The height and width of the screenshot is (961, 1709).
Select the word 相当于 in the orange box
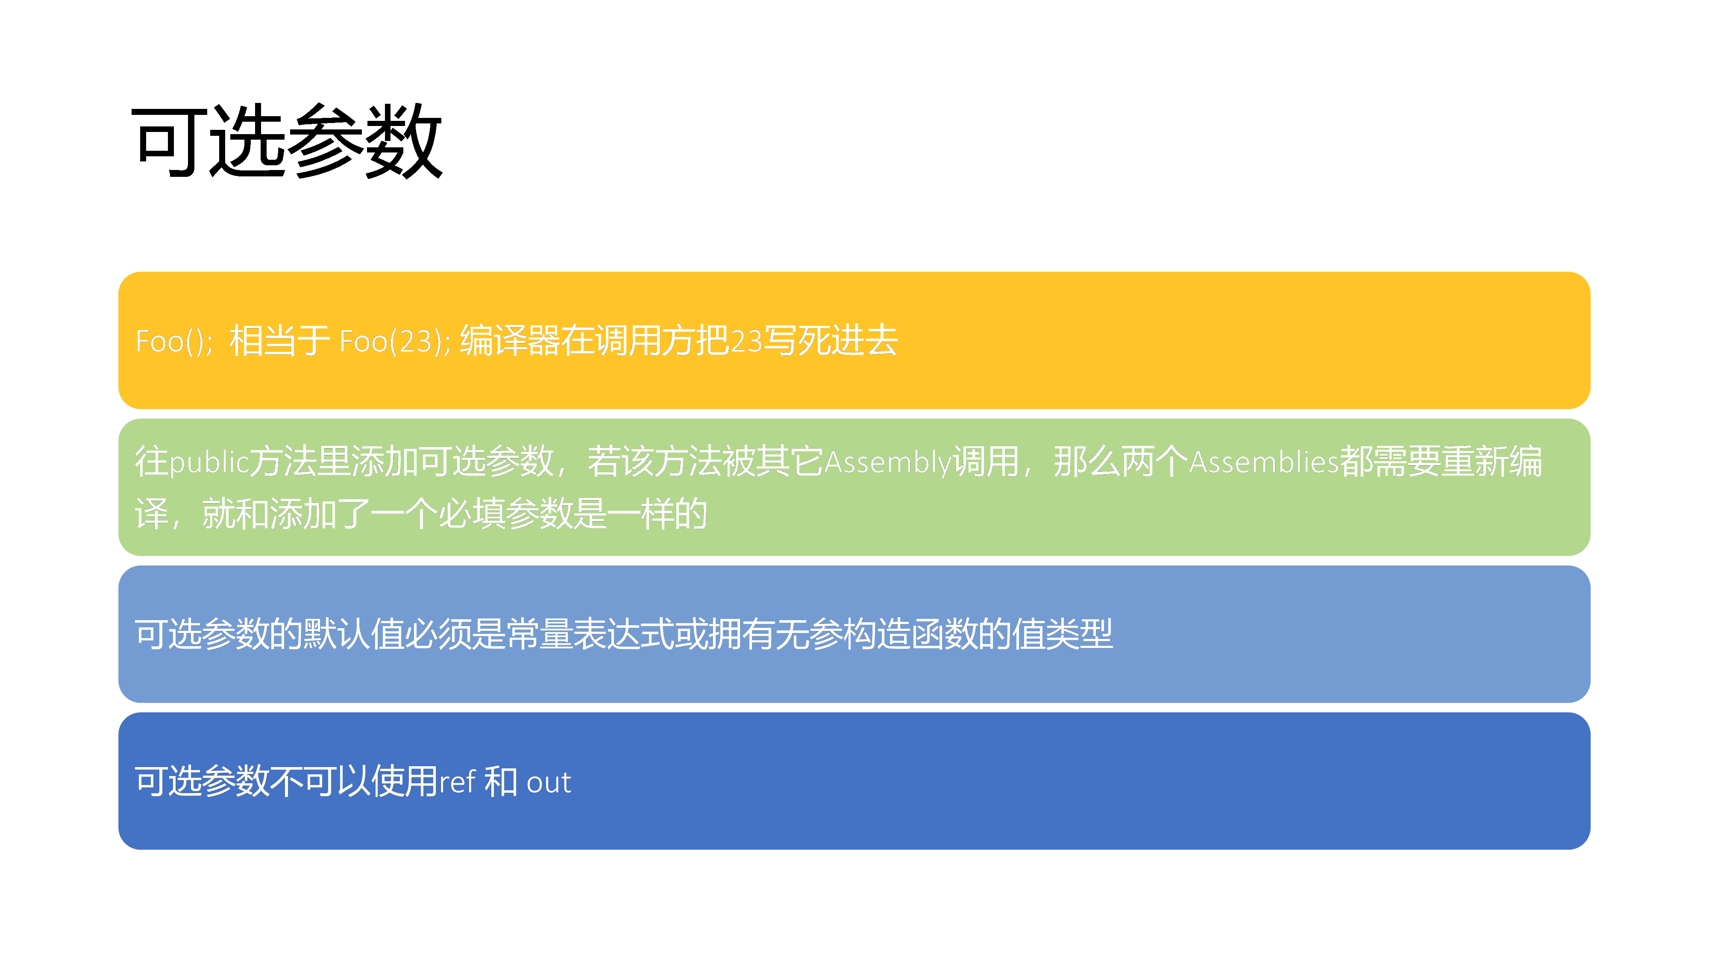[279, 340]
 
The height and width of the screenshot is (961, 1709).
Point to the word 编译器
[510, 340]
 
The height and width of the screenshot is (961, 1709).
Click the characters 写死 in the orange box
[797, 340]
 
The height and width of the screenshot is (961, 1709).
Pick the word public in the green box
[209, 462]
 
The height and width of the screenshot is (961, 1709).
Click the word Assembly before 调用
[888, 462]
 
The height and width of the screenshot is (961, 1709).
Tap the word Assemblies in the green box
[1264, 462]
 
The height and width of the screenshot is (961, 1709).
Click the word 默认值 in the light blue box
[353, 633]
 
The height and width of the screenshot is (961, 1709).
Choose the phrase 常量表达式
[590, 633]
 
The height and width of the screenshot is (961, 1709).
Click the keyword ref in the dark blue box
[457, 781]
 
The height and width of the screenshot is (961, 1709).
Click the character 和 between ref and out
[501, 781]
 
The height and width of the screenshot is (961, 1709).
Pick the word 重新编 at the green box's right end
[1492, 462]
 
